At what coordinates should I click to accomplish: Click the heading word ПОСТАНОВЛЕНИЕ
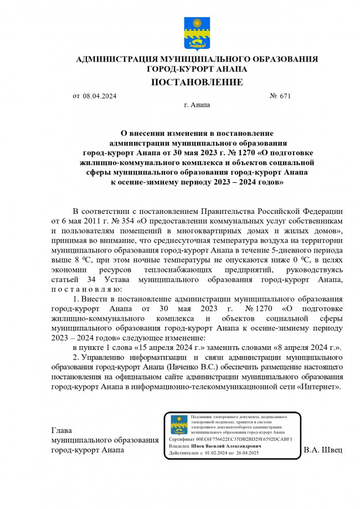(197, 83)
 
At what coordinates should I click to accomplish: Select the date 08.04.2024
(100, 96)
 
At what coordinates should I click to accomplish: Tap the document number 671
(285, 96)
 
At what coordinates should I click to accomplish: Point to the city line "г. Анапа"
(197, 105)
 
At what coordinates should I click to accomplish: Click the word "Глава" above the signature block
(61, 430)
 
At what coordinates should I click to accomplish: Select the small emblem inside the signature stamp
(178, 425)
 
